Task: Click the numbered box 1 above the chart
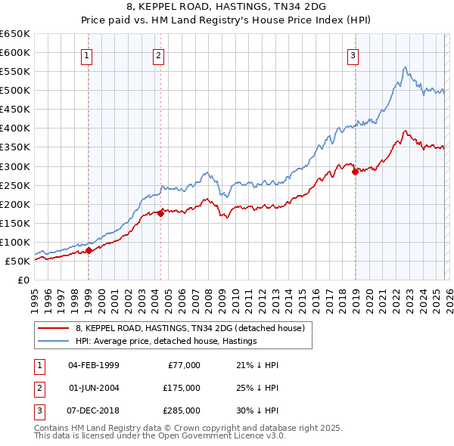point(89,54)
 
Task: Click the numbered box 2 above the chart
point(158,54)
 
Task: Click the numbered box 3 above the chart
point(353,54)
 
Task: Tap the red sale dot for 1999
point(89,250)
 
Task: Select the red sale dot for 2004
point(160,213)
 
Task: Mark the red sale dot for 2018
point(354,172)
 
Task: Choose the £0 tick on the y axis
point(22,280)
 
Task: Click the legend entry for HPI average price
point(166,341)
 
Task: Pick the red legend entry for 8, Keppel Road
point(189,328)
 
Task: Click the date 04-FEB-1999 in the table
point(93,364)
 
